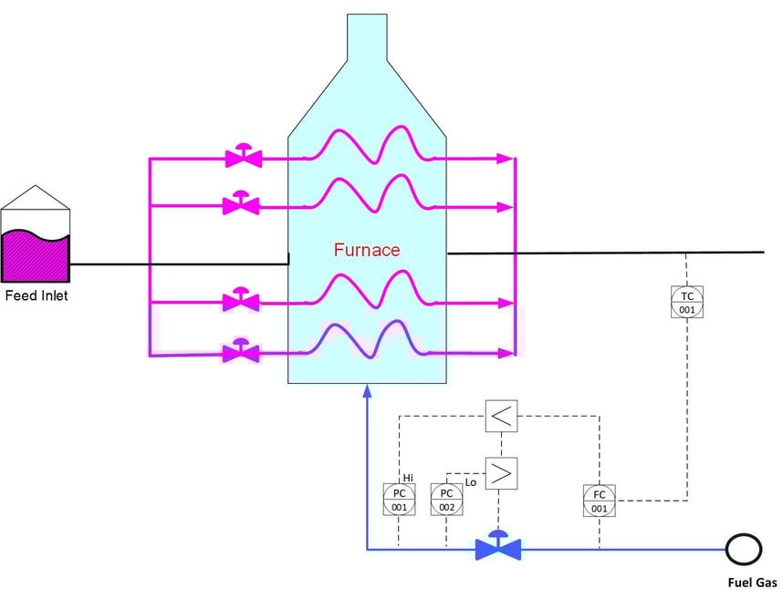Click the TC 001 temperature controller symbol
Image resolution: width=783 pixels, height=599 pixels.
[x=687, y=302]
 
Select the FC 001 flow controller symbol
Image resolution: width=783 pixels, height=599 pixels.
[x=599, y=501]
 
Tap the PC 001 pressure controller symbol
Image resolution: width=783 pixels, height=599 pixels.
[x=399, y=500]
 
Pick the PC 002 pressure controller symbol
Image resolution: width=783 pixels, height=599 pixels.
[x=446, y=500]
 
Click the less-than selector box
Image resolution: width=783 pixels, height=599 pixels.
[x=501, y=417]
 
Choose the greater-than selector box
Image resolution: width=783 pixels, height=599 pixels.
[x=501, y=472]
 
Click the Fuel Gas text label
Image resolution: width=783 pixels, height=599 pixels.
[x=752, y=583]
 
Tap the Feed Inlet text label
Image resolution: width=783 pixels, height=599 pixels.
[x=37, y=295]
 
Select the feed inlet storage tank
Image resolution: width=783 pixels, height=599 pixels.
[x=36, y=240]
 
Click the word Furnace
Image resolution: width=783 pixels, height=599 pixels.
[x=366, y=250]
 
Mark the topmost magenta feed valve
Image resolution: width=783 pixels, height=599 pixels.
[x=244, y=157]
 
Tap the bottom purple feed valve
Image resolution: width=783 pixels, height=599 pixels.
[x=242, y=351]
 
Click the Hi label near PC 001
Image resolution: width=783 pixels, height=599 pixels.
[x=408, y=477]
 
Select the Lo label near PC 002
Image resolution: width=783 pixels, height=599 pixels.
[x=471, y=481]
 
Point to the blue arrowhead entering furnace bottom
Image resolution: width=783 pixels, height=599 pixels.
[x=367, y=391]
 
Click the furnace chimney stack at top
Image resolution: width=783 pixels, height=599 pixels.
[x=367, y=36]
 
